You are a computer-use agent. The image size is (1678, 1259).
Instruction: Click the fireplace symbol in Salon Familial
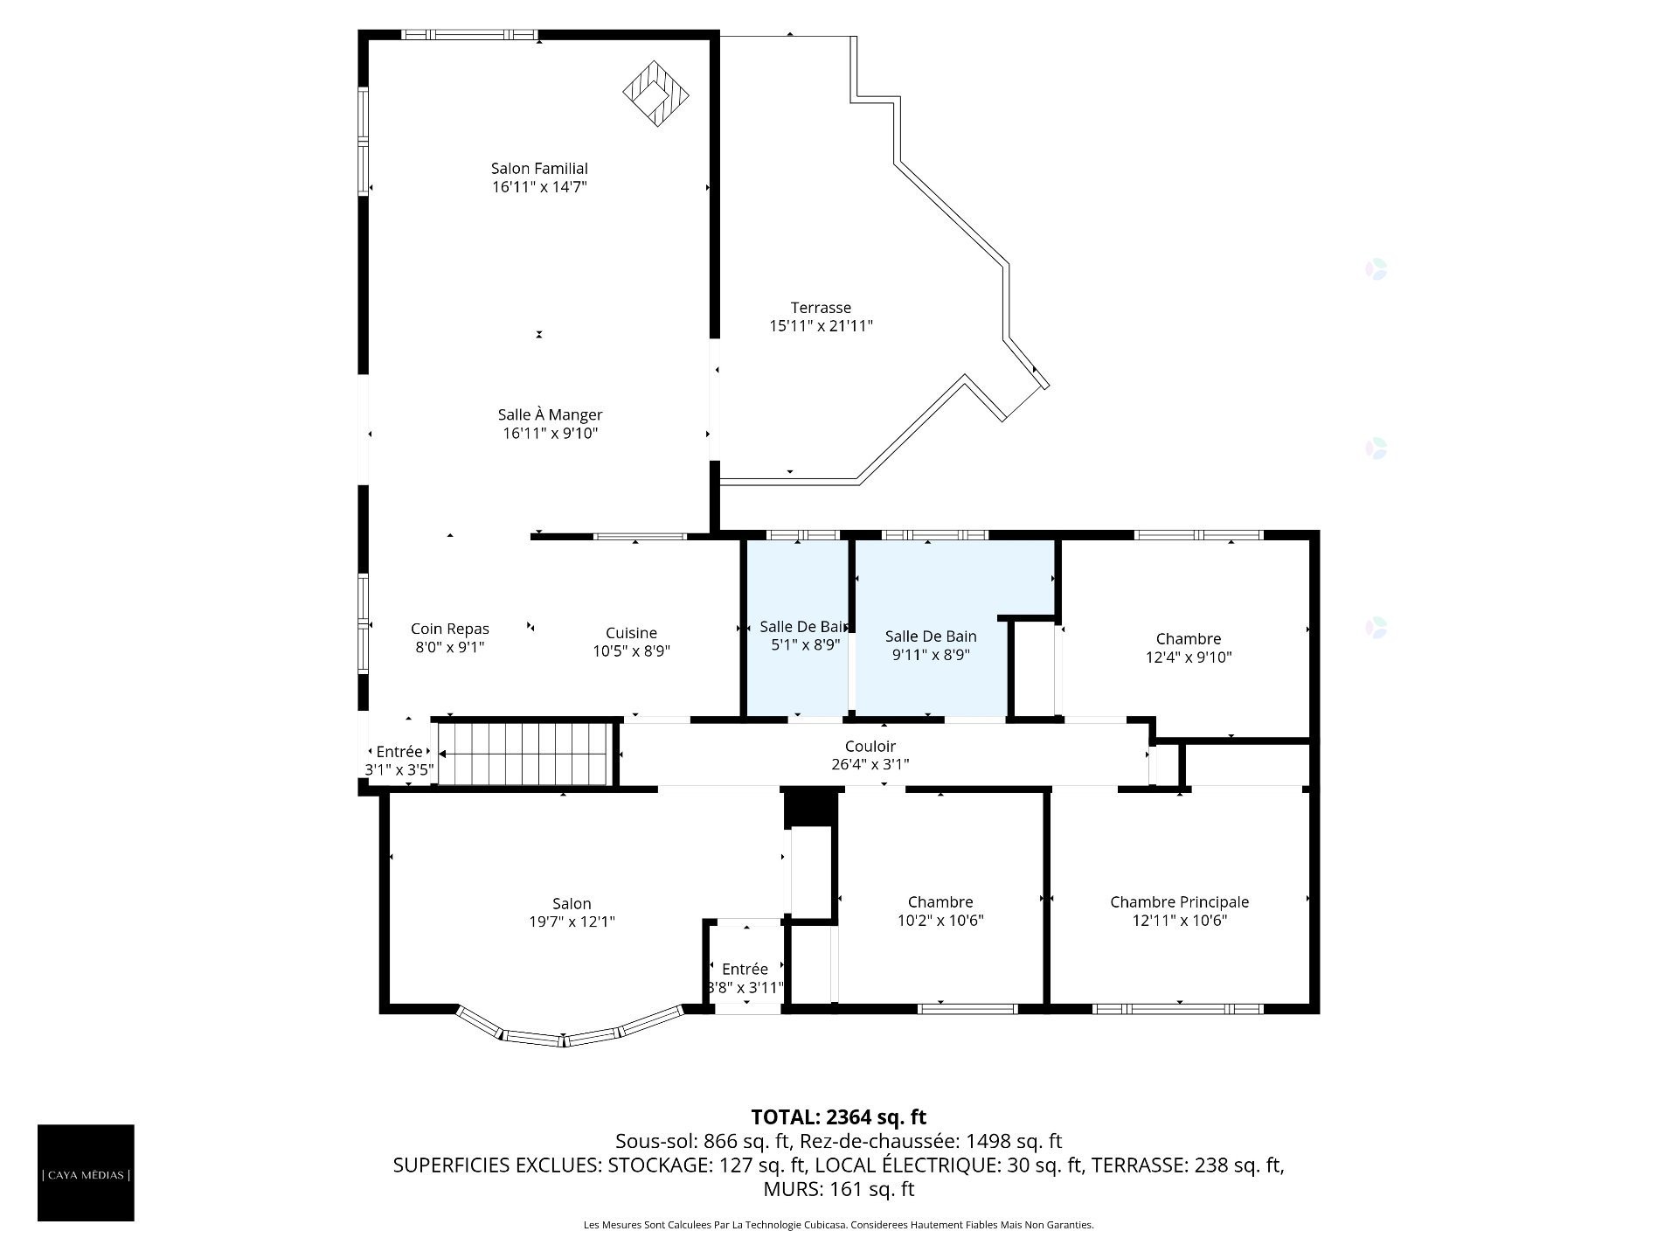tap(655, 93)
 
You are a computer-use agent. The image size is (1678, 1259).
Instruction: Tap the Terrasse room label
tap(821, 308)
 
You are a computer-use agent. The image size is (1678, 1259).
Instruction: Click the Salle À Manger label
tap(550, 415)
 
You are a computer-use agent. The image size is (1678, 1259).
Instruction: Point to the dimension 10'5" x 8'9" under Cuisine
tap(631, 651)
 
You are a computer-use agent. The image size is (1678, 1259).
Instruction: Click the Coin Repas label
tap(449, 629)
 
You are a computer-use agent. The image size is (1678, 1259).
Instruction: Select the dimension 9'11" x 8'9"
tap(931, 655)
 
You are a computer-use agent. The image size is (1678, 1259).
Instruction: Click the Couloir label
tap(870, 747)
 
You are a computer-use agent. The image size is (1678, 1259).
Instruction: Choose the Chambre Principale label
tap(1179, 902)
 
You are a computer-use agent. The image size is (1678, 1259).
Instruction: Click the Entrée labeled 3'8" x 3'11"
tap(745, 969)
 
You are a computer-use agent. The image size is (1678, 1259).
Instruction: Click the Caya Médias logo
tap(86, 1172)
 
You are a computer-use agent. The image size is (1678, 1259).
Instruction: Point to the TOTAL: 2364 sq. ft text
tap(838, 1117)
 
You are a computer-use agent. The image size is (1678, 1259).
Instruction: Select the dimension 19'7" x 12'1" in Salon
tap(572, 922)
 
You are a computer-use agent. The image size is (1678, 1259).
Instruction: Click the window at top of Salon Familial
tap(469, 35)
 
